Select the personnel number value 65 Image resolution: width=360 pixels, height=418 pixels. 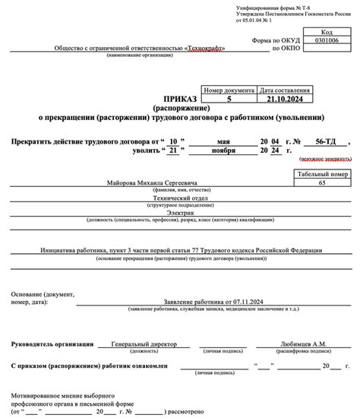coord(322,184)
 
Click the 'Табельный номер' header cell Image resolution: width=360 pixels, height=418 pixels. coord(322,174)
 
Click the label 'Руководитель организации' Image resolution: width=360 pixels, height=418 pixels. coord(51,344)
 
